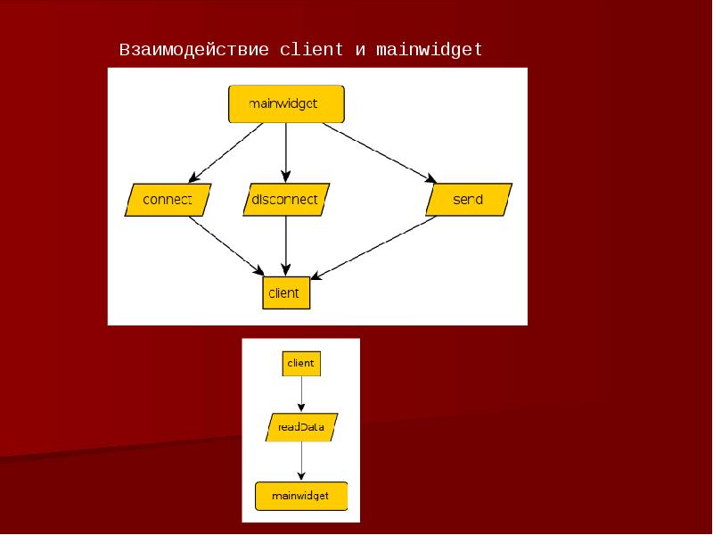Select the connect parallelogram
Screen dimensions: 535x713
click(168, 200)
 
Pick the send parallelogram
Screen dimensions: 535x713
click(468, 200)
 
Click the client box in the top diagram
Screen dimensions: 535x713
click(286, 292)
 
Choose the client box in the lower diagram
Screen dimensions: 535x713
click(301, 364)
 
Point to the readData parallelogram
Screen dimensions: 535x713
click(301, 428)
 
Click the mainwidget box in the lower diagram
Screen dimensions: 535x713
click(301, 495)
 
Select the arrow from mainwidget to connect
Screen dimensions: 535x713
click(226, 152)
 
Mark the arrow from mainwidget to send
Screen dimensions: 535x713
click(379, 152)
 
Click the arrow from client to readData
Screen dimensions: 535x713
click(302, 393)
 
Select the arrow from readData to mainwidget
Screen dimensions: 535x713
click(302, 461)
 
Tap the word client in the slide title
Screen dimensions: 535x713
click(311, 50)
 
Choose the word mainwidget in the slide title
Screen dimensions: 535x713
click(429, 50)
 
